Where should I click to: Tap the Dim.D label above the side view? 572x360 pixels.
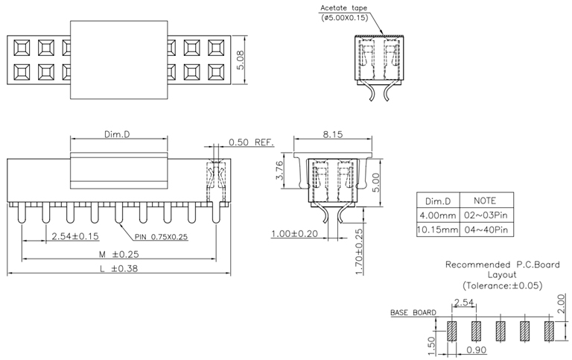117,134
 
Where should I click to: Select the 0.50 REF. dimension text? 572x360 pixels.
251,142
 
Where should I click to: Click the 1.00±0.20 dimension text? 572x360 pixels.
294,233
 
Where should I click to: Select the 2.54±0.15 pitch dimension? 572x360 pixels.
75,236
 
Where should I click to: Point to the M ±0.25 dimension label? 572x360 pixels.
118,254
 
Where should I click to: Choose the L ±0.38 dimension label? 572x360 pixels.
118,268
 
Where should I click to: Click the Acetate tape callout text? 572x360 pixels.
344,9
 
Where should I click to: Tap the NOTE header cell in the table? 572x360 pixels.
486,200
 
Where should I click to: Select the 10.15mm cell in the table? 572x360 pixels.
437,230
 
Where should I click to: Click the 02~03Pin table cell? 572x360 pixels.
486,215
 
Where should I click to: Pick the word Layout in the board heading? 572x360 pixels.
501,274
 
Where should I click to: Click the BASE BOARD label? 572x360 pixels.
413,313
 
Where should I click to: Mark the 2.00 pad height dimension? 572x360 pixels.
561,304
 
